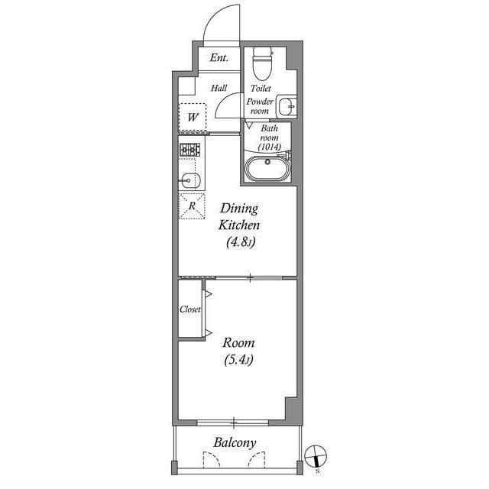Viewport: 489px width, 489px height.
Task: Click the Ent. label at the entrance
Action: pos(219,57)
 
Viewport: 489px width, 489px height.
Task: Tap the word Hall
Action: pos(219,89)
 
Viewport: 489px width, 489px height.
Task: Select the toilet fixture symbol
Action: pos(262,63)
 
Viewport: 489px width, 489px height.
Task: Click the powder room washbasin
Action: pos(287,105)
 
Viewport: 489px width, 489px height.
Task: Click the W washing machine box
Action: pos(193,118)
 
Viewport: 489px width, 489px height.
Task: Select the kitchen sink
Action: pos(190,180)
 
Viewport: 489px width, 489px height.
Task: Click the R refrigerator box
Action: pos(192,206)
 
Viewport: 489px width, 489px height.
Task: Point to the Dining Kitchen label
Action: pos(240,217)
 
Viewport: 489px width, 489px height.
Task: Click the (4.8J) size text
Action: pos(240,244)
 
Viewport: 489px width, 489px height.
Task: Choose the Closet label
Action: pos(190,309)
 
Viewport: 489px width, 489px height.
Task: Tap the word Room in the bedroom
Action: pos(239,343)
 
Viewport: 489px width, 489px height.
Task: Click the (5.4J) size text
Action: pos(239,361)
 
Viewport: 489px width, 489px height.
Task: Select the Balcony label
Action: pos(235,443)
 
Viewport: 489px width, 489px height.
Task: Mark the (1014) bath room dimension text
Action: pos(270,147)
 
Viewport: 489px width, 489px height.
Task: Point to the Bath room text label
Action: pos(270,133)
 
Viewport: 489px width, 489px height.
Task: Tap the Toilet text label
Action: pos(261,89)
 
